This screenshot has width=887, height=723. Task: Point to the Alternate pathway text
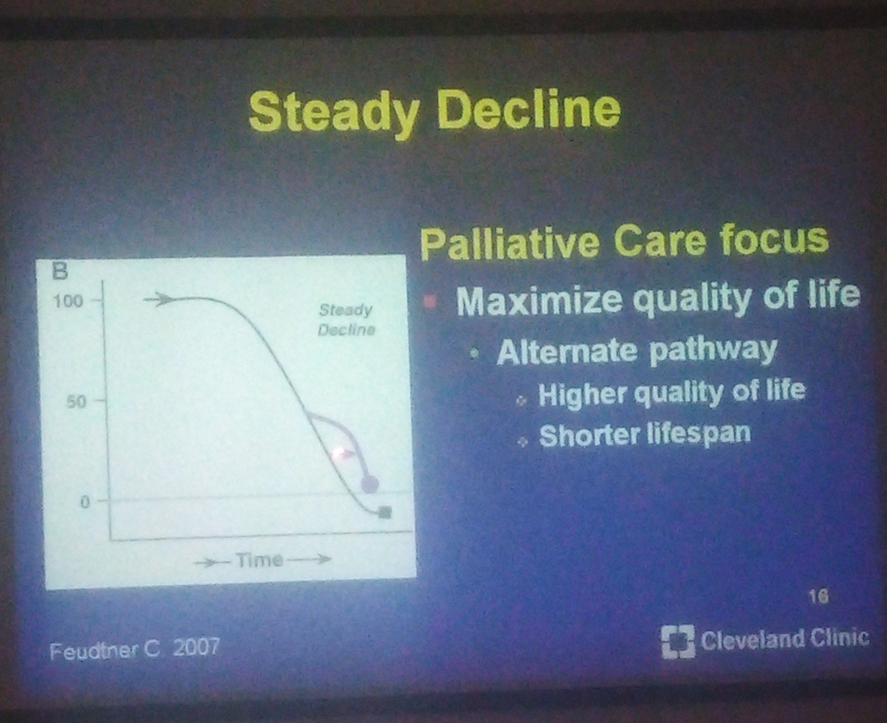click(637, 352)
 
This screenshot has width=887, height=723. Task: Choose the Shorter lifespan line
click(645, 434)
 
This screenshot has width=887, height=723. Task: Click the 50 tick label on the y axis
click(77, 402)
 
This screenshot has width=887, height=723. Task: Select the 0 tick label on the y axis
click(84, 503)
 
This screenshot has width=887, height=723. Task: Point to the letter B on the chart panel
click(59, 272)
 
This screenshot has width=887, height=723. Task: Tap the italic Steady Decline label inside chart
click(345, 320)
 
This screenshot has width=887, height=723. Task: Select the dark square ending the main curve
click(385, 512)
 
